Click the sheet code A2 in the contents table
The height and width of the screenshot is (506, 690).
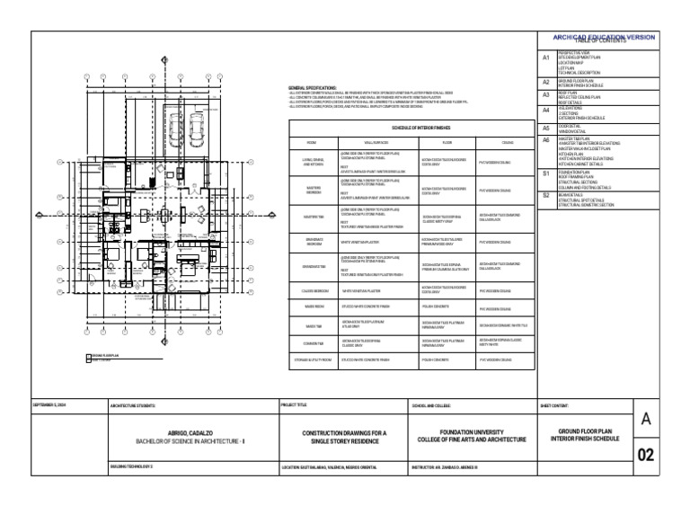click(545, 82)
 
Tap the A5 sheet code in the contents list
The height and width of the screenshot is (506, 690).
click(545, 129)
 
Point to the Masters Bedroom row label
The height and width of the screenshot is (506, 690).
click(312, 190)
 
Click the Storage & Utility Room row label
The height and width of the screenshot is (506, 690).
click(312, 360)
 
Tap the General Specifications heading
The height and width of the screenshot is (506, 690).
click(311, 88)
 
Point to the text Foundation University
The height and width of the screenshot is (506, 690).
click(471, 432)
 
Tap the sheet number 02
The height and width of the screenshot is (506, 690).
click(645, 455)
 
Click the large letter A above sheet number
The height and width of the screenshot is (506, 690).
click(645, 418)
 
